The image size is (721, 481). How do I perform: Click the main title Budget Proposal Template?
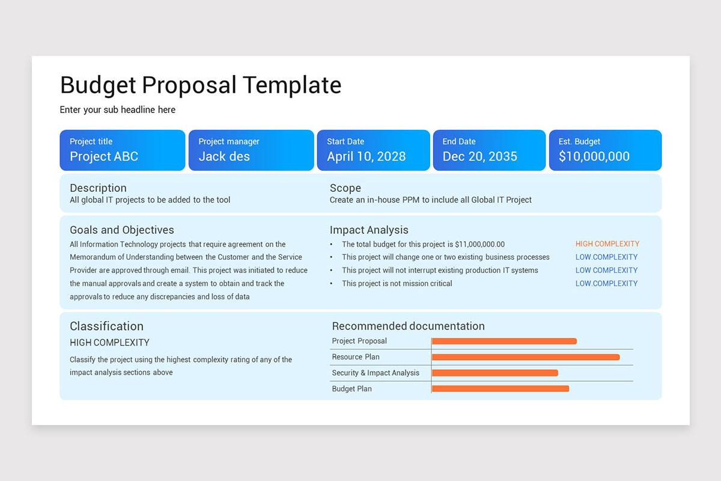tap(201, 85)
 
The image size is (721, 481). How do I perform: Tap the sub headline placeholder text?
tap(118, 110)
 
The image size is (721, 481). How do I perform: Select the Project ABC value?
tap(104, 156)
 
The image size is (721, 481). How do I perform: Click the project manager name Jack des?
tap(224, 156)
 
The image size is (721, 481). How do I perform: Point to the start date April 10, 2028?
tap(367, 156)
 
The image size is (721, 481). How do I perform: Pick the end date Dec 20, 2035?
tap(480, 156)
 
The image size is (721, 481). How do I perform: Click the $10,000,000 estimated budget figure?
tap(594, 156)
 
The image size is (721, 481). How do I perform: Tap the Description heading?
tap(98, 188)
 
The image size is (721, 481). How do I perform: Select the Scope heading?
tap(345, 188)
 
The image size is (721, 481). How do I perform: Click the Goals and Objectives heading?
tap(122, 230)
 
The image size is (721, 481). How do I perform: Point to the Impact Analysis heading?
tap(369, 230)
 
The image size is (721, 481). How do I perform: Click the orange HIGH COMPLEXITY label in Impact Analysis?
tap(607, 244)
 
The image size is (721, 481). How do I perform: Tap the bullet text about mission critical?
tap(397, 284)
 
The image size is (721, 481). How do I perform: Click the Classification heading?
tap(106, 326)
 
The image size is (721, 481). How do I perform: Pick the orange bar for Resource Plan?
tap(526, 357)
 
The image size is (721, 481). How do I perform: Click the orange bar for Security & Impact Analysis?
tap(495, 373)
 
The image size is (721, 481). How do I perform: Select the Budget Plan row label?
tap(352, 389)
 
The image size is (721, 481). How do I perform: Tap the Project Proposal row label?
tap(359, 341)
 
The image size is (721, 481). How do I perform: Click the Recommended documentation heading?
tap(409, 326)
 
